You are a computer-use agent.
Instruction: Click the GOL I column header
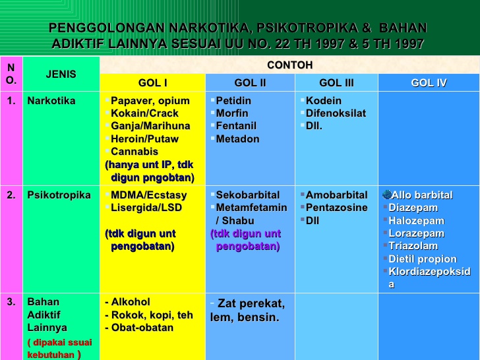point(152,82)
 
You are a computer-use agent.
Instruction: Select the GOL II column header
point(250,82)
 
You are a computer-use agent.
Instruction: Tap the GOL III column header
point(336,82)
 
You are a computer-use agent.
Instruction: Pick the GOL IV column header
point(429,82)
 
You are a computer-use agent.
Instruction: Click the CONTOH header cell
point(289,65)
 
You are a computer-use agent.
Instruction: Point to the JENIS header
point(61,74)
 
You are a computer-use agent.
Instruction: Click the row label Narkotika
point(51,101)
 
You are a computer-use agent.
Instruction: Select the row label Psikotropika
point(59,196)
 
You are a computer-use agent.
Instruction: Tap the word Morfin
point(232,113)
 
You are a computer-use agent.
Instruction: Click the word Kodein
point(324,101)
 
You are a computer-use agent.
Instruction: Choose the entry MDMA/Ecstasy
point(148,196)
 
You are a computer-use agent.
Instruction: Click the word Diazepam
point(413,208)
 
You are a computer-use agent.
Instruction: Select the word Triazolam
point(413,246)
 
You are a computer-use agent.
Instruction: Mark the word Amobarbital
point(336,196)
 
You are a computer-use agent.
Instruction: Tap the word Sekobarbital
point(247,196)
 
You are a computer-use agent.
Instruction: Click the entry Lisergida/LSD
point(146,208)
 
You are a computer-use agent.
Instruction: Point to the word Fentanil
point(236,126)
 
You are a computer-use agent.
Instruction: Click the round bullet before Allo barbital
point(386,195)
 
